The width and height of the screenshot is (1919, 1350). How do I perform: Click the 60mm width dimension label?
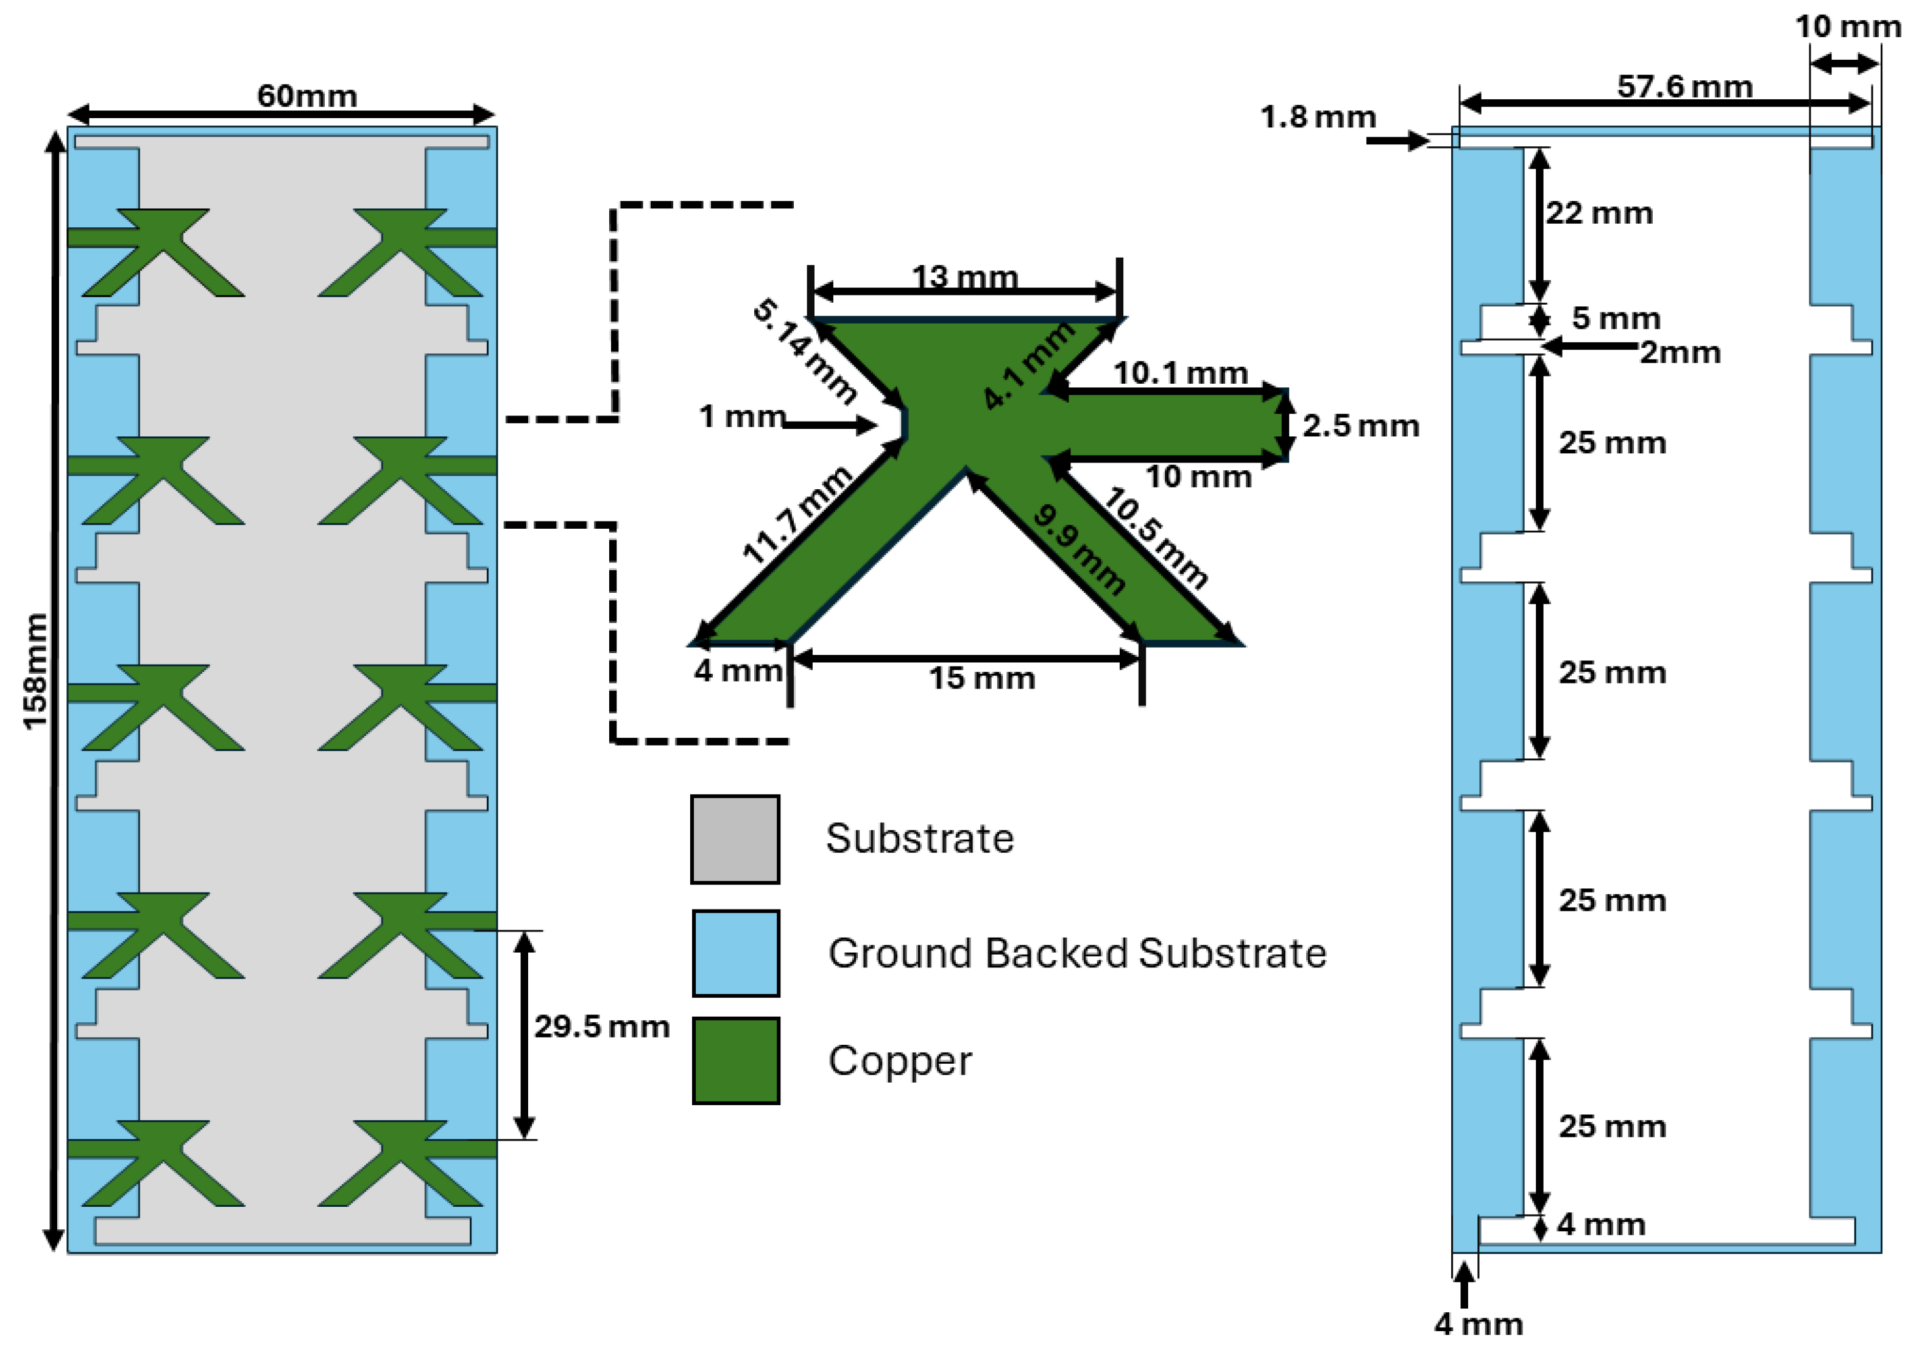click(x=307, y=96)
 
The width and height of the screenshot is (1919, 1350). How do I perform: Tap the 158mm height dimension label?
click(x=35, y=671)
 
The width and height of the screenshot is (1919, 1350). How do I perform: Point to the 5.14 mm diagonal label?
click(x=804, y=351)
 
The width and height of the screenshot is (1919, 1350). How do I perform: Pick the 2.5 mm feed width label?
click(x=1360, y=426)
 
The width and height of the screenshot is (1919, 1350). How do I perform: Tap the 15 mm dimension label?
click(x=982, y=678)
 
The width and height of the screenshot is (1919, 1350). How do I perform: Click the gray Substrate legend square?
click(x=735, y=839)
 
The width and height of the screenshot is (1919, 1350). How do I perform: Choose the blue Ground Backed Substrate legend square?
click(x=735, y=953)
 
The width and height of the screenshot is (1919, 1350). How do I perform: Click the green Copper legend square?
click(x=735, y=1061)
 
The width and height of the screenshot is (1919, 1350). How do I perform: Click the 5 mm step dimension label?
click(x=1615, y=319)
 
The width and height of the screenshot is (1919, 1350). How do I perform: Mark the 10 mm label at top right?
click(x=1848, y=27)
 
